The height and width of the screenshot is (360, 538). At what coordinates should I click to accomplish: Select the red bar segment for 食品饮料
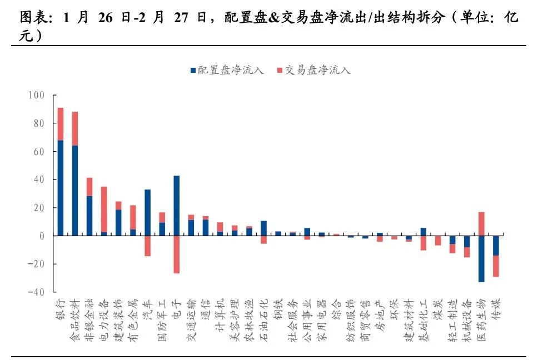74,128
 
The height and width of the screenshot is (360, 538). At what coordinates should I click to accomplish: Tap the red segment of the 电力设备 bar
104,209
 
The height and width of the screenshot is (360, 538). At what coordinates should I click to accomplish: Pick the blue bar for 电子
176,206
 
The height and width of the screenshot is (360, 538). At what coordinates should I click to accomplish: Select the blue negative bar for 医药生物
481,259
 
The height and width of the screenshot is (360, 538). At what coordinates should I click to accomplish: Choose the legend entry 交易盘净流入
313,71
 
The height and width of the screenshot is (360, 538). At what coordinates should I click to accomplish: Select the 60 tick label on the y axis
38,152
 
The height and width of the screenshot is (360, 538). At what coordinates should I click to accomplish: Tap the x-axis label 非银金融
88,316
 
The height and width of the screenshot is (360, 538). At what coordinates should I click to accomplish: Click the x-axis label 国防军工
162,316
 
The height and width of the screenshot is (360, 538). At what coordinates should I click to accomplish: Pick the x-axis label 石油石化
263,316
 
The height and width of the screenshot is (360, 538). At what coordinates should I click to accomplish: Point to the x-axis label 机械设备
466,316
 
